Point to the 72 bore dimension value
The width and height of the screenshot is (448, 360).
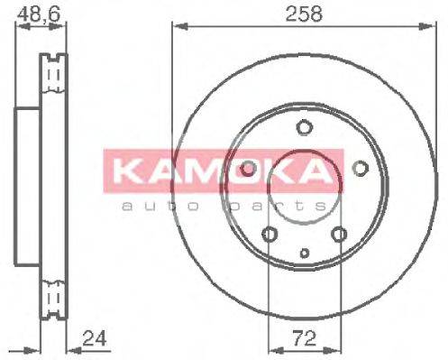pos(304,340)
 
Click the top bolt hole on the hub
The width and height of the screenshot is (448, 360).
pos(304,127)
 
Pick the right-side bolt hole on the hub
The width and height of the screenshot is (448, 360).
pos(360,168)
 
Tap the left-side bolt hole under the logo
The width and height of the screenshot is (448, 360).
pos(247,169)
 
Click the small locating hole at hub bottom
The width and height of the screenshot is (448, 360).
pos(304,254)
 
